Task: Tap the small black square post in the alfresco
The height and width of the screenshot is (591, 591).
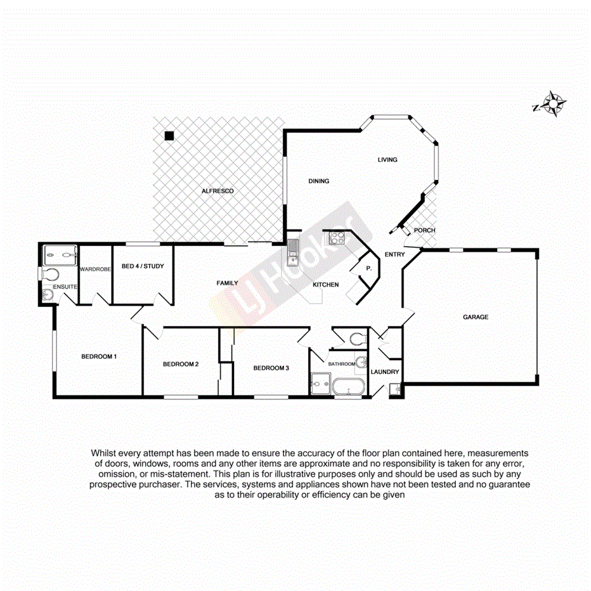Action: [x=169, y=135]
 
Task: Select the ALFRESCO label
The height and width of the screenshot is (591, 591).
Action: [x=218, y=191]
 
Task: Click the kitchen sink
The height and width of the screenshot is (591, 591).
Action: [x=292, y=252]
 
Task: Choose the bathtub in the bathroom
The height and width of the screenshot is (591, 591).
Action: [x=347, y=386]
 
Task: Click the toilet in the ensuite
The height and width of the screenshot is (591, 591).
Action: [x=50, y=275]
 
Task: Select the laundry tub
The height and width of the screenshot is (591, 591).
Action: [x=394, y=389]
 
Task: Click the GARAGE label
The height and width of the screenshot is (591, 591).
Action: [x=475, y=317]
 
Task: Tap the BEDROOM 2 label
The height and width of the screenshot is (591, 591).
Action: [x=181, y=364]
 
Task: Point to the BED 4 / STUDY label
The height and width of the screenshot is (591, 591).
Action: [x=142, y=266]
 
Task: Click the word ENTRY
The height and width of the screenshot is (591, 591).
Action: [x=395, y=254]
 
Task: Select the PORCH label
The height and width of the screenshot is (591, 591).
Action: [x=424, y=230]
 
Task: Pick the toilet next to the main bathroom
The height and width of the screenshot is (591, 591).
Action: [x=358, y=338]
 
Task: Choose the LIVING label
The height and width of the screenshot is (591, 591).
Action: [x=387, y=160]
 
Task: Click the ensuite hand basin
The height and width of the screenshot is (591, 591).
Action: [x=48, y=295]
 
